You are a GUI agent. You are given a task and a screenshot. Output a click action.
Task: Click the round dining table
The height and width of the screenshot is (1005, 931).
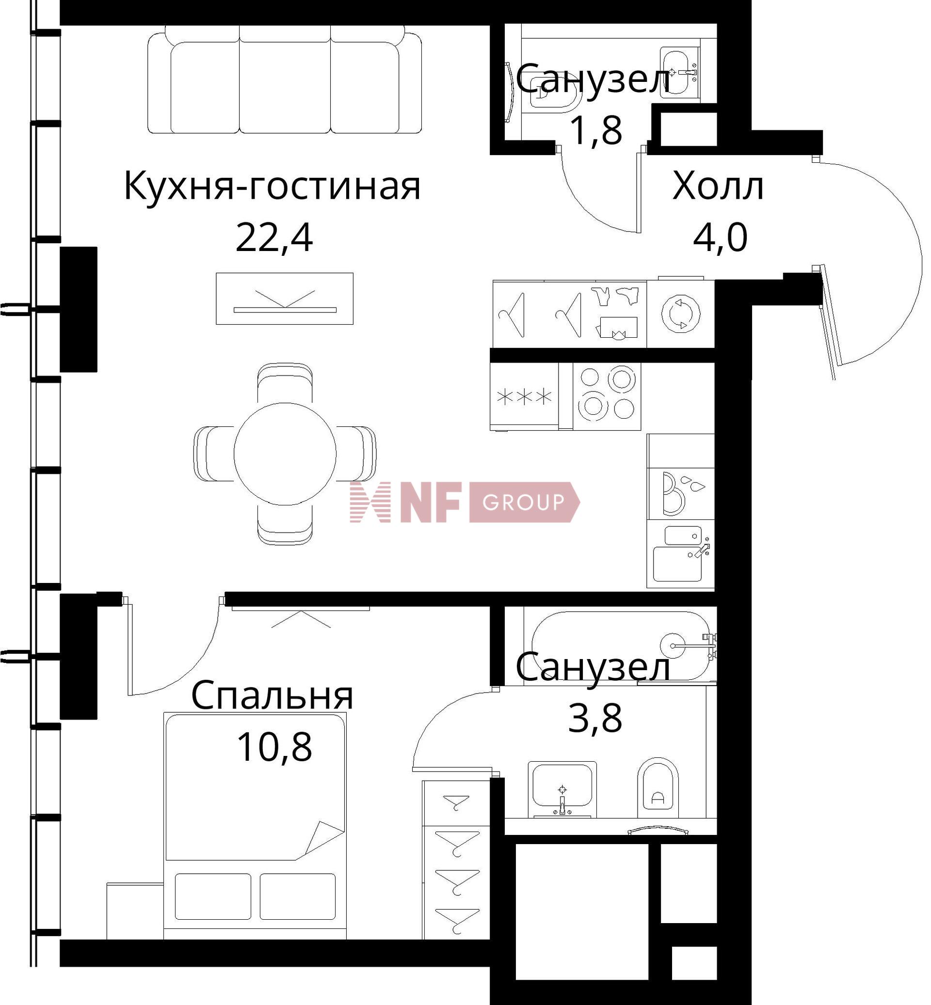click(285, 454)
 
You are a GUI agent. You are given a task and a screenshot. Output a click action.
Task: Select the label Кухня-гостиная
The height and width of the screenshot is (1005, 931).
click(272, 187)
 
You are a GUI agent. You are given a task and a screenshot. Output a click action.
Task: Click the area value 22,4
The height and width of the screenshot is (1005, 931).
click(274, 238)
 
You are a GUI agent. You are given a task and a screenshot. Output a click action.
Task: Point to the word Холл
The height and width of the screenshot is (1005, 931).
click(718, 187)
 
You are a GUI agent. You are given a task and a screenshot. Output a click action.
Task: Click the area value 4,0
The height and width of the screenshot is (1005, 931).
click(720, 238)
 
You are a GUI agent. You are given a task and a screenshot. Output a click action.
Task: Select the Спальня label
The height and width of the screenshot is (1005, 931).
click(272, 696)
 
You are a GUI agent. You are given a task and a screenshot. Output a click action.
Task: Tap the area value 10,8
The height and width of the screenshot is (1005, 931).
click(274, 747)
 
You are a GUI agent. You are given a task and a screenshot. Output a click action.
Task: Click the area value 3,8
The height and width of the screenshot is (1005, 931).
click(595, 719)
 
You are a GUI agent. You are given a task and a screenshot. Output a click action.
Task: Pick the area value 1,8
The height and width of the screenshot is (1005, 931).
click(595, 130)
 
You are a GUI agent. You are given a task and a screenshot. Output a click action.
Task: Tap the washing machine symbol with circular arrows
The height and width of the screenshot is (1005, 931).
click(681, 314)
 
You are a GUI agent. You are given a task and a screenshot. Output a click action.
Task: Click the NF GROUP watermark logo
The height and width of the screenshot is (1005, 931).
click(465, 502)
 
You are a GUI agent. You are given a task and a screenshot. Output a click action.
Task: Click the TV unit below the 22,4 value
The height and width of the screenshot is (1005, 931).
click(285, 298)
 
